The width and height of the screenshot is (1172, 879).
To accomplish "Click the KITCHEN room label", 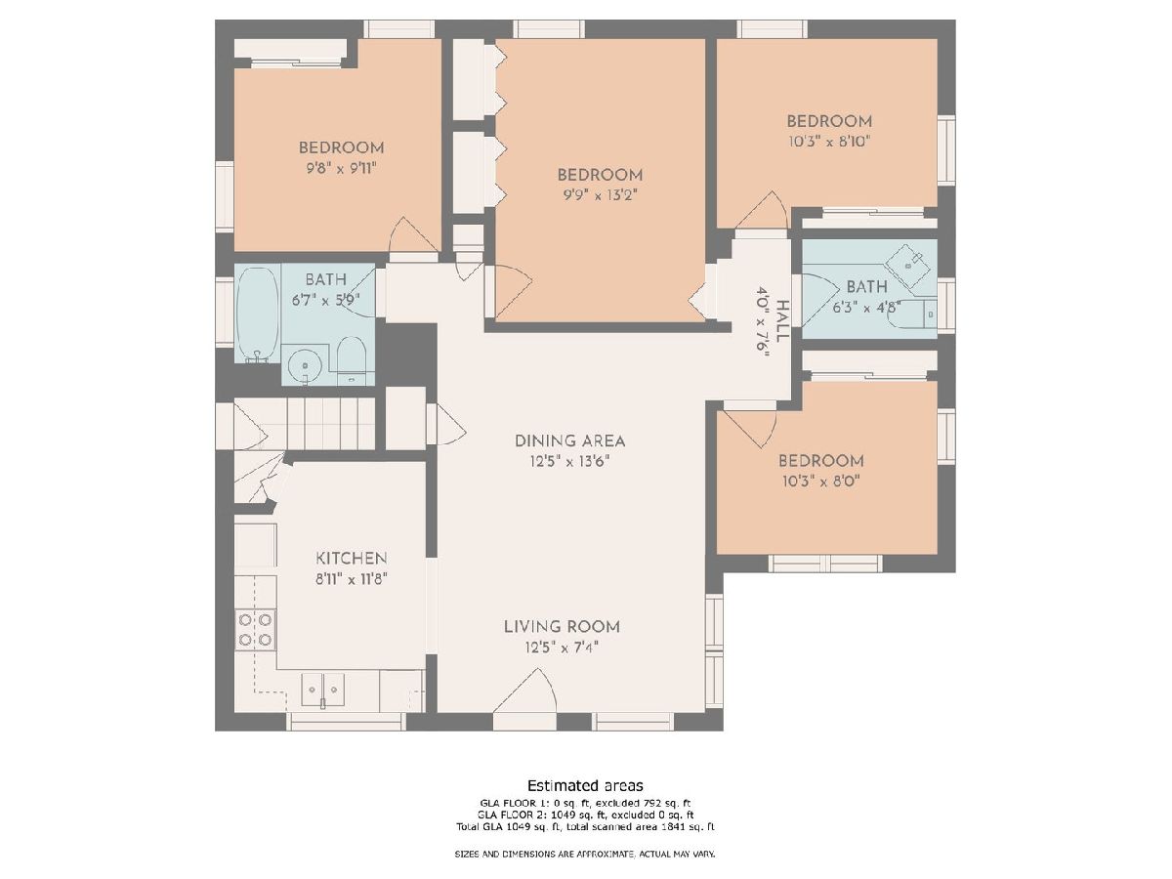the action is pyautogui.click(x=351, y=559).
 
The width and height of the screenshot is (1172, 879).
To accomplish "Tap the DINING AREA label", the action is pyautogui.click(x=569, y=440).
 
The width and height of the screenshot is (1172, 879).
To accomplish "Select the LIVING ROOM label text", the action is pyautogui.click(x=562, y=627).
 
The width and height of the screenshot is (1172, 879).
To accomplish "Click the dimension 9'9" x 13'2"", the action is pyautogui.click(x=600, y=195).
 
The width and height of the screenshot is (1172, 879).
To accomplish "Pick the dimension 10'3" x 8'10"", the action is pyautogui.click(x=829, y=142).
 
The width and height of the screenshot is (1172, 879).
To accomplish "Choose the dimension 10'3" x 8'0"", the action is pyautogui.click(x=821, y=481).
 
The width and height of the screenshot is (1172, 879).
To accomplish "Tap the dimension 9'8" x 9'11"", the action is pyautogui.click(x=341, y=169).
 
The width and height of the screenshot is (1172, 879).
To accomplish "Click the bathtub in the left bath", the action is pyautogui.click(x=258, y=314).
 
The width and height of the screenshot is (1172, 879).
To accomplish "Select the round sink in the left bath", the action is pyautogui.click(x=305, y=365).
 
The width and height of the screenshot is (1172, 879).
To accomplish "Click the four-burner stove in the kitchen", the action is pyautogui.click(x=255, y=630).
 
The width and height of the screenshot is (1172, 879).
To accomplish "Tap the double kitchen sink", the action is pyautogui.click(x=322, y=690).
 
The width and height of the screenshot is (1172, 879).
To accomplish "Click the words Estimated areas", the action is pyautogui.click(x=585, y=785).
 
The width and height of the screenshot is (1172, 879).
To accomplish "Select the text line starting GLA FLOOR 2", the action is pyautogui.click(x=585, y=815).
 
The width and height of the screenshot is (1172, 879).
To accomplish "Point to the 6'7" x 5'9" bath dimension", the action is pyautogui.click(x=325, y=300).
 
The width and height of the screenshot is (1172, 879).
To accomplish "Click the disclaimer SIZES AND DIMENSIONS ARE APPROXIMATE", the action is pyautogui.click(x=585, y=854).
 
